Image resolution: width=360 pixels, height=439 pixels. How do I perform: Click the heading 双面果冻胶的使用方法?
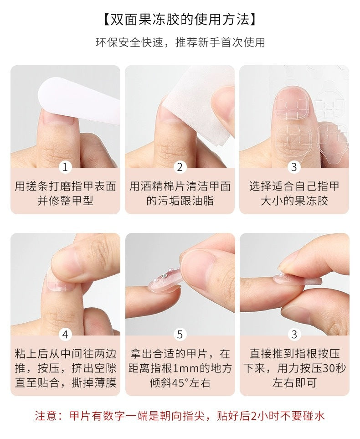[x=180, y=20]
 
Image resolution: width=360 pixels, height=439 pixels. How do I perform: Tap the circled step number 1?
[x=65, y=167]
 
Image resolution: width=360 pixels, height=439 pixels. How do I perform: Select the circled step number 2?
[x=180, y=167]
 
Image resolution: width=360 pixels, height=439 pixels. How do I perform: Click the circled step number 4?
[x=65, y=335]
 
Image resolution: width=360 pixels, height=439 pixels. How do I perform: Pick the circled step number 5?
[x=180, y=335]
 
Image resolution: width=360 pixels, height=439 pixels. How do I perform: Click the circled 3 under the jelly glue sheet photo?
[x=294, y=167]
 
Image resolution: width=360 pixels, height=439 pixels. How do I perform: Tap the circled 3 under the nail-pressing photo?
[x=294, y=335]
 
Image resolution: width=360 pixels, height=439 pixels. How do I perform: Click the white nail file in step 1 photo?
[x=77, y=98]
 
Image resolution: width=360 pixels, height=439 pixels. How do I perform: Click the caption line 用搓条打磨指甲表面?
[x=65, y=186]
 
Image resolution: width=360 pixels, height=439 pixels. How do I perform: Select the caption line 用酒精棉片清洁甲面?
[x=180, y=186]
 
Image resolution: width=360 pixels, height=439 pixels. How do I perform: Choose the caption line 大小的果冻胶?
[x=294, y=201]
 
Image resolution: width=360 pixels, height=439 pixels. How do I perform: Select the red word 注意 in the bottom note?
[x=46, y=416]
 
